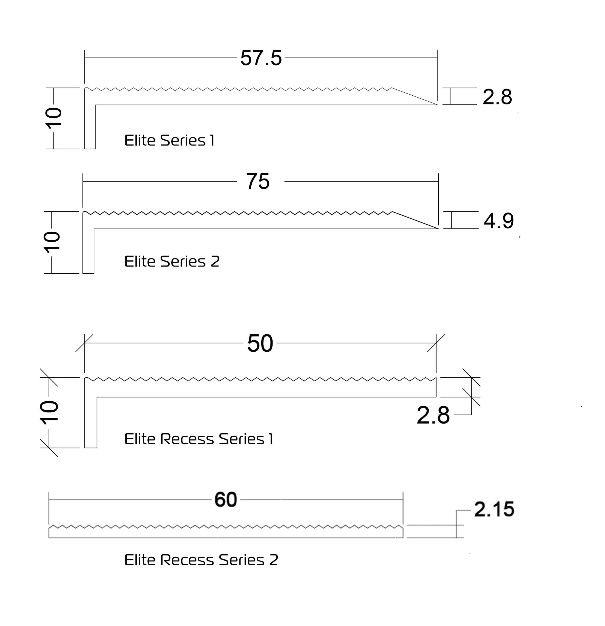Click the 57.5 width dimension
pos(261,58)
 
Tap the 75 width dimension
pos(258,181)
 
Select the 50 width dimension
pos(260,344)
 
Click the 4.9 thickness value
pos(499,221)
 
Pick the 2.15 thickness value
pos(494,509)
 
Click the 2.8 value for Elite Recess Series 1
pos(433,415)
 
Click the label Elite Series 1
pos(169,141)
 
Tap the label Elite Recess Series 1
pos(198,439)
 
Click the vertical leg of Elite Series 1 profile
pos(90,128)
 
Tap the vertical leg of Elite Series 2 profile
pos(88,252)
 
